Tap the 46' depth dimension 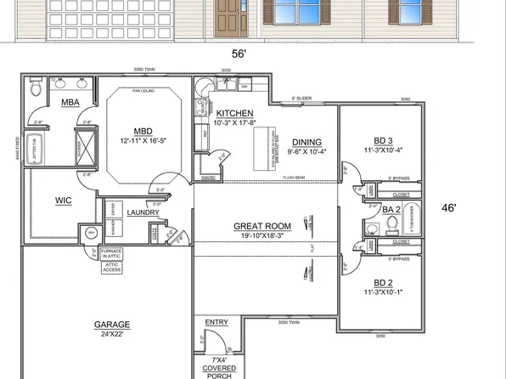click(x=450, y=206)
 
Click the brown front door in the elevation click(x=228, y=16)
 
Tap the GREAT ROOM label click(x=263, y=226)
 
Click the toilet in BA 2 click(x=393, y=224)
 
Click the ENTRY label click(x=217, y=323)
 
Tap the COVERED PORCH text click(x=217, y=371)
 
